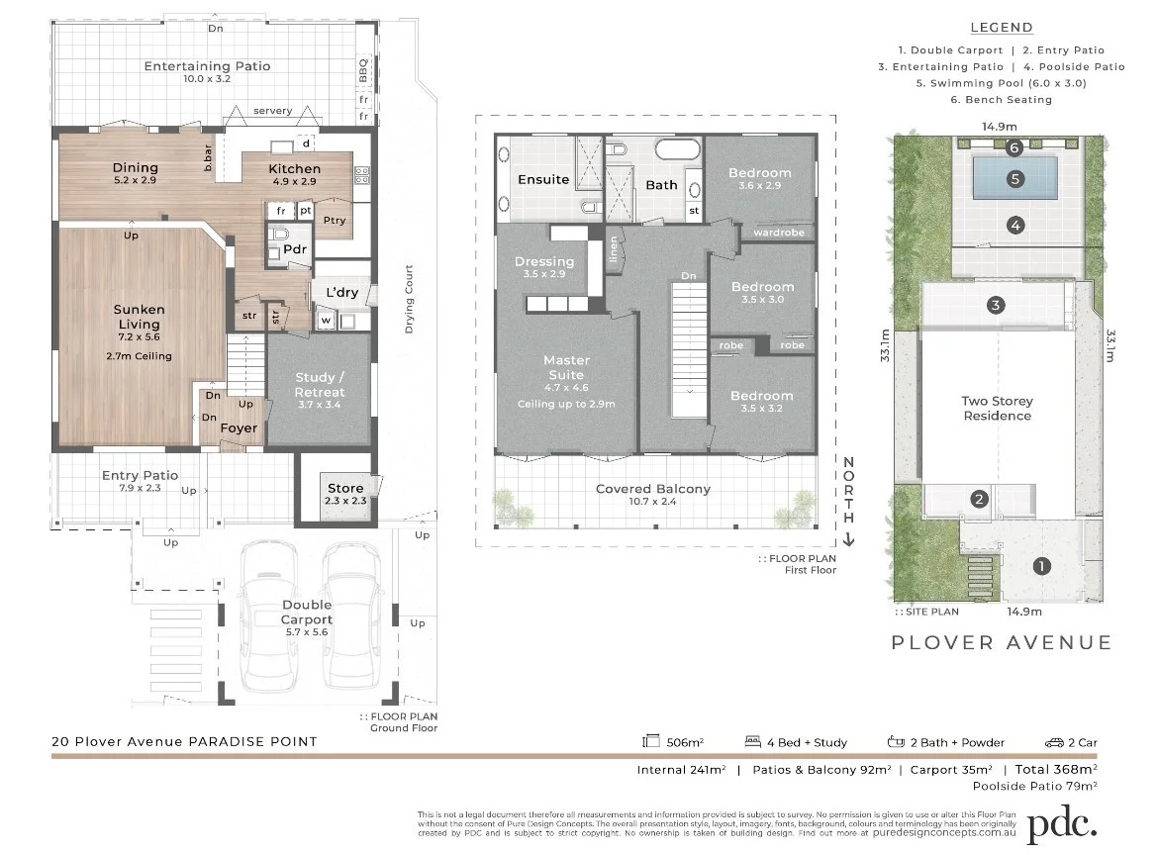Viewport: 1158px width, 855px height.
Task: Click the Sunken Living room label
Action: pos(139,317)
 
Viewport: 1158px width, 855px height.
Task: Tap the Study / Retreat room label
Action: pos(320,385)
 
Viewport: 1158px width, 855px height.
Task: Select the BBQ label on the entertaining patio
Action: pos(363,70)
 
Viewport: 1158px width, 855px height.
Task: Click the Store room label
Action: pos(345,488)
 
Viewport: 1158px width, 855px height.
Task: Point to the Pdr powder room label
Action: pos(295,249)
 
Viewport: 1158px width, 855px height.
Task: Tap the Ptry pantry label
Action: pos(335,220)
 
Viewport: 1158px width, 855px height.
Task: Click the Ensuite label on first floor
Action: pos(543,179)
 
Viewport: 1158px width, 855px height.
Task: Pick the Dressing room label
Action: pos(543,262)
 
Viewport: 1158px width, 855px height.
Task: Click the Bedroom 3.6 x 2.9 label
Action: pos(760,173)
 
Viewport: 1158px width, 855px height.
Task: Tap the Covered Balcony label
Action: pos(652,489)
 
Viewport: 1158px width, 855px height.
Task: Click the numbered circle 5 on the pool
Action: pos(1014,179)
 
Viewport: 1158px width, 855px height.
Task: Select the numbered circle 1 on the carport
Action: pos(1041,567)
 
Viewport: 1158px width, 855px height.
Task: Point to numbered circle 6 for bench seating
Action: pos(1013,148)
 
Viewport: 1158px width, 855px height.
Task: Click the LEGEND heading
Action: pos(1001,28)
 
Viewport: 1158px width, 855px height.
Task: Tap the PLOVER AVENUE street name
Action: pos(1002,643)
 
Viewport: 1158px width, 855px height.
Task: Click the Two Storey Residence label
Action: pos(997,409)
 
